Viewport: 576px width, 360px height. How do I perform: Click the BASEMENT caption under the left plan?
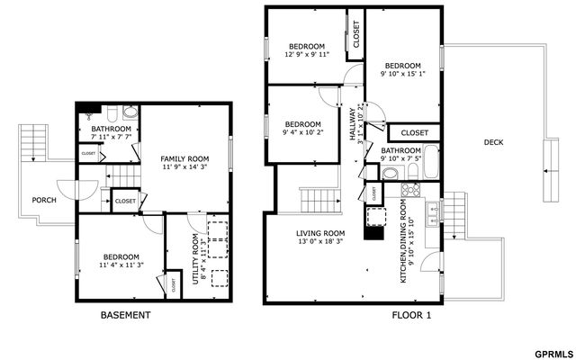point(124,316)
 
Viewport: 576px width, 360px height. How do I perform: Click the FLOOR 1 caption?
point(411,316)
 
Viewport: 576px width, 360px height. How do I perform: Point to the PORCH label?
point(44,200)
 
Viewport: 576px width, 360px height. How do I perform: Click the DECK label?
point(493,142)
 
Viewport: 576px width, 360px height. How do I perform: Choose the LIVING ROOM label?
point(320,233)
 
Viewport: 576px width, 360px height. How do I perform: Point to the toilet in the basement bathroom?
point(130,113)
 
